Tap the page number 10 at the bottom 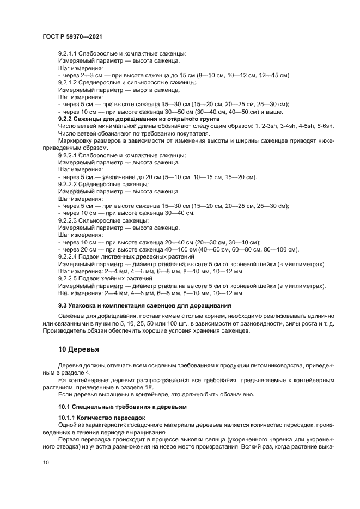[x=46, y=462]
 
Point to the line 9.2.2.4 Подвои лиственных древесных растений [x=126, y=256]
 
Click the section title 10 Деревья [x=81, y=350]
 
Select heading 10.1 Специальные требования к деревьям [x=122, y=407]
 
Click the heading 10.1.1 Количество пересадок [x=101, y=418]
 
